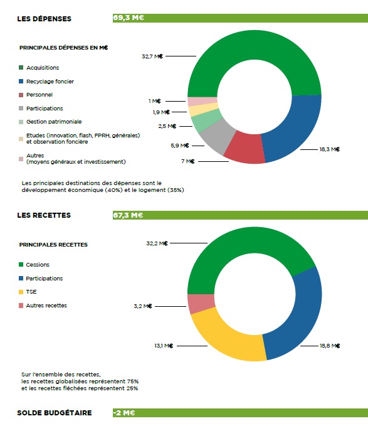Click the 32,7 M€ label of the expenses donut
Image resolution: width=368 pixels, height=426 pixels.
152,56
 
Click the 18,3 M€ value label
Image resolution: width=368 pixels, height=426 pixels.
330,149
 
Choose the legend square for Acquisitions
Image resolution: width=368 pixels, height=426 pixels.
21,67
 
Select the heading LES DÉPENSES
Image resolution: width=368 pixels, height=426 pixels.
44,19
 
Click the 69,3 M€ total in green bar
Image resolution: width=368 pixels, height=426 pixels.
129,18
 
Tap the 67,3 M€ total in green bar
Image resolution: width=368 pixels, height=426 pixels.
128,215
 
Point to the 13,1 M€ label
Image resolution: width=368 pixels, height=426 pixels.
164,346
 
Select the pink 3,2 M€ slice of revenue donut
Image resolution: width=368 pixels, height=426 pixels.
201,304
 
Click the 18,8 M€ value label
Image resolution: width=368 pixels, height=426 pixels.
330,346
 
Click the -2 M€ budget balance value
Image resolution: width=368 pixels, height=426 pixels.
124,413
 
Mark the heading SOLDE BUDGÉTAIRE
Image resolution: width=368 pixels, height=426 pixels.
55,413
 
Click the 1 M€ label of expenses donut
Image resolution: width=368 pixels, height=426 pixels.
155,101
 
